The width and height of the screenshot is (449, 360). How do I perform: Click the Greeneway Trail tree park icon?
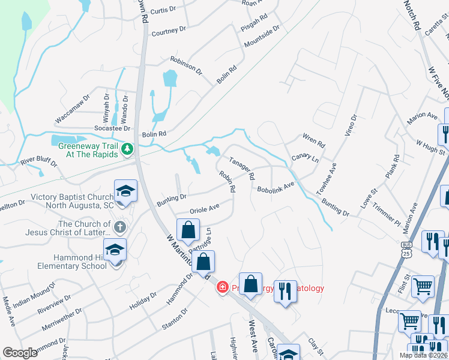pos(127,149)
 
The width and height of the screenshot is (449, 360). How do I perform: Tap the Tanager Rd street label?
pos(243,168)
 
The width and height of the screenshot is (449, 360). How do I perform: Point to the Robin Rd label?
pos(226,182)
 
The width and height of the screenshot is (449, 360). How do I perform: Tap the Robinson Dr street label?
pos(186,64)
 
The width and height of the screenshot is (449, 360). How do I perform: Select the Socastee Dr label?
pos(112,128)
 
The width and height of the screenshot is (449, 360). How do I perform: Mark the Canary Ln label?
pos(305,158)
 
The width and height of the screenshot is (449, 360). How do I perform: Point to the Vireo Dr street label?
pos(350,125)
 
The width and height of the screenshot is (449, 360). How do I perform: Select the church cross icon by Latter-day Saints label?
pos(120,227)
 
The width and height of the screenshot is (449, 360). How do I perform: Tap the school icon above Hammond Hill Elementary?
pos(115,250)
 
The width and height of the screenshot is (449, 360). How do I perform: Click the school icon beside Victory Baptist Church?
pos(125,191)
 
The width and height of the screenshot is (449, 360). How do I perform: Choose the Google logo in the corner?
pos(19,353)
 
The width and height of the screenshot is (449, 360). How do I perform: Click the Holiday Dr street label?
pos(143,302)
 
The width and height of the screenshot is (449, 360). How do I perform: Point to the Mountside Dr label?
pos(262,37)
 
